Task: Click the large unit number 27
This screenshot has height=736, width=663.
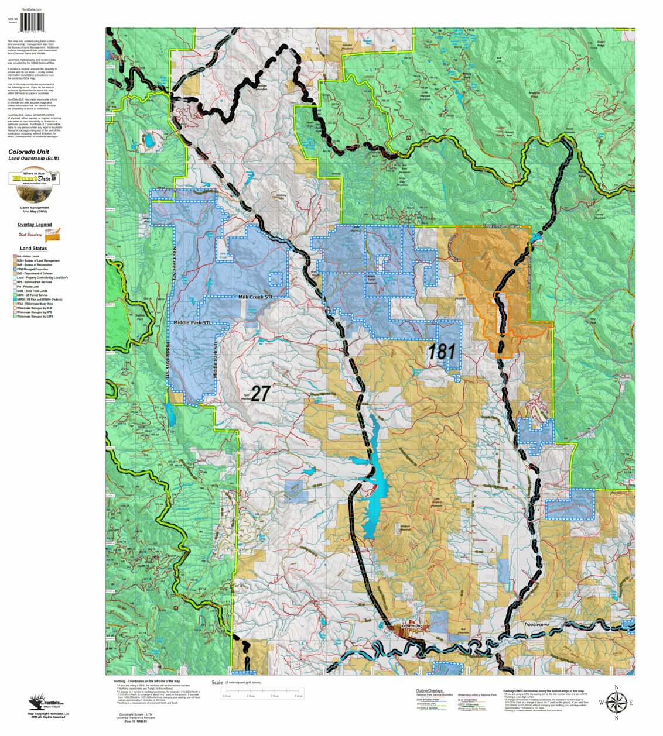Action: [261, 393]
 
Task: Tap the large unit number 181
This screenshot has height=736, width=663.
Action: [441, 352]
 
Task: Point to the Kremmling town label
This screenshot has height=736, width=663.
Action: [412, 626]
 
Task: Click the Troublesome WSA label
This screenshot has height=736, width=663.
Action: [501, 226]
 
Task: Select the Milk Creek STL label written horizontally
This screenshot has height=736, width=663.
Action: [256, 297]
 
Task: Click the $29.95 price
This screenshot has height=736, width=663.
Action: [13, 19]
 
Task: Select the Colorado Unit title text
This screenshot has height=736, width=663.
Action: [29, 152]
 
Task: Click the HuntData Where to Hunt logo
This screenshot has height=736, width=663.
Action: [34, 185]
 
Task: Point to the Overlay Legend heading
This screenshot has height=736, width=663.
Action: [35, 225]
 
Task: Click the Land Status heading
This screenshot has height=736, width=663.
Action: [33, 249]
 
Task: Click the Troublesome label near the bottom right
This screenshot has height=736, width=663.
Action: [536, 625]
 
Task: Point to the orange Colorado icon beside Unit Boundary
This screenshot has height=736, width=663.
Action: [53, 235]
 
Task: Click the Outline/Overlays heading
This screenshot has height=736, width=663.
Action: [429, 691]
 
